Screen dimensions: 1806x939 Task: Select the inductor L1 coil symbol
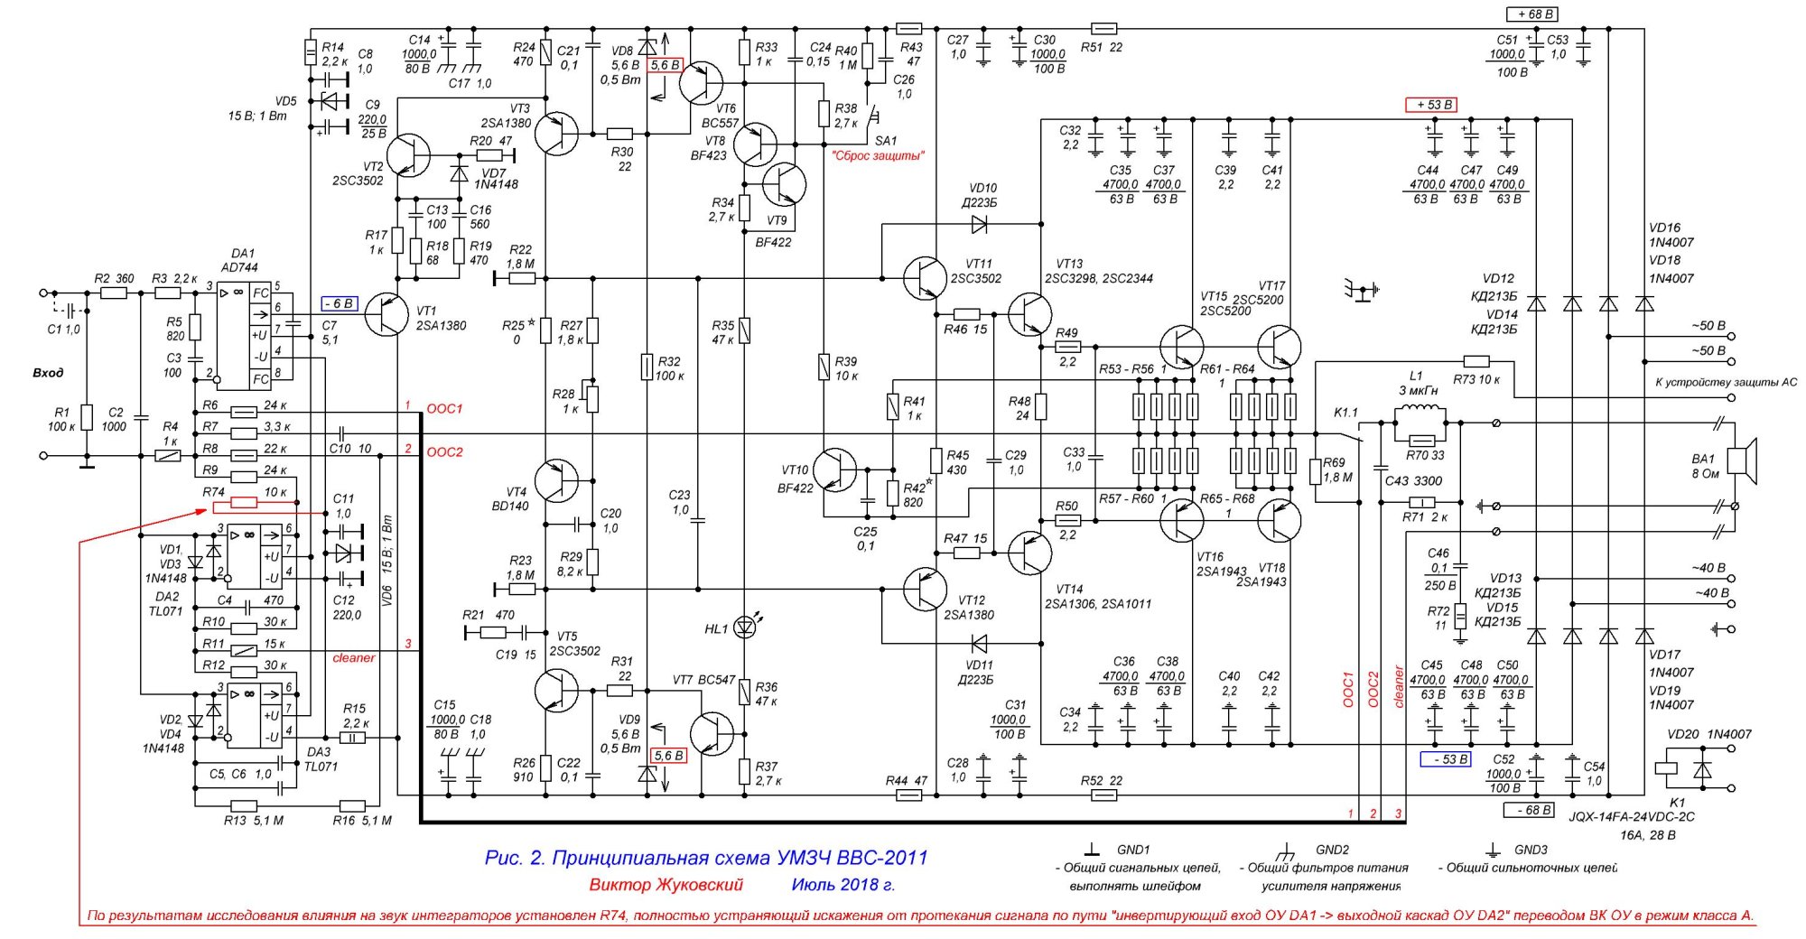pos(1420,414)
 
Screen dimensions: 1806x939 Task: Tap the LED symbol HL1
pos(745,626)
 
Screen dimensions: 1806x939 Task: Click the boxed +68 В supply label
pos(1533,14)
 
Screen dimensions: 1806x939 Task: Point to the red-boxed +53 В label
pos(1431,105)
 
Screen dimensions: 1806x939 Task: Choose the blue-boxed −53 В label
pos(1446,759)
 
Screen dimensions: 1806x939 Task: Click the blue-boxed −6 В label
pos(340,303)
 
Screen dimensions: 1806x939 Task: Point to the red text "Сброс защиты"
pos(879,155)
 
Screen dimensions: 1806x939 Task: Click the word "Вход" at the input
pos(47,373)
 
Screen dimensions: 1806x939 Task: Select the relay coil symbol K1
pos(1667,770)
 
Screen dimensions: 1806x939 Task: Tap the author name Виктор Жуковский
pos(666,885)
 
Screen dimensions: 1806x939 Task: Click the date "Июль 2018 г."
pos(843,885)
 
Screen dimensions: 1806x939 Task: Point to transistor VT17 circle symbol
pos(1279,347)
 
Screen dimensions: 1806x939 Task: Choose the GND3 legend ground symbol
pos(1493,851)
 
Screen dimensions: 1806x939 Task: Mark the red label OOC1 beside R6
pos(444,409)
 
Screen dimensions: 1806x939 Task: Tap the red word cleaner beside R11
pos(353,657)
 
